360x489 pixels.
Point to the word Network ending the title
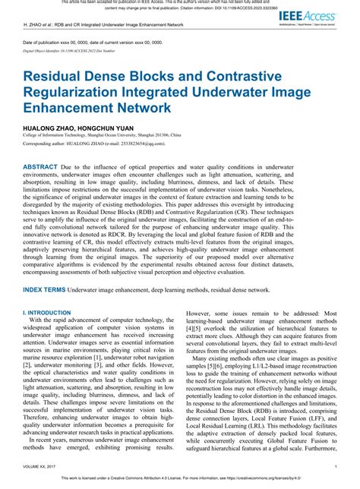coord(136,108)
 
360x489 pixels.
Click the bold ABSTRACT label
coord(46,166)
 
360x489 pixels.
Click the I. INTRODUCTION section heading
coord(48,312)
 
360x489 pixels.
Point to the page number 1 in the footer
coord(335,467)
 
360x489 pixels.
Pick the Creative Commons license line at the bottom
coord(179,481)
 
